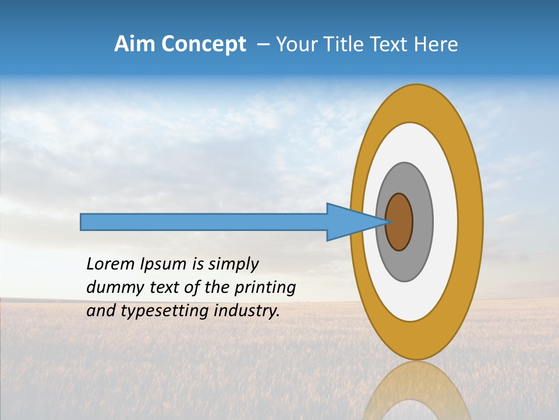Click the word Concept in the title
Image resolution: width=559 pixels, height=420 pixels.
pyautogui.click(x=204, y=44)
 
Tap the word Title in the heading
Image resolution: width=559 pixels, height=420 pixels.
pyautogui.click(x=350, y=44)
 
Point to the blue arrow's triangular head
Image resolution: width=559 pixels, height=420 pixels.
pyautogui.click(x=349, y=222)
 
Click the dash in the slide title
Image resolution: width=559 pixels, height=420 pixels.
pyautogui.click(x=263, y=44)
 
